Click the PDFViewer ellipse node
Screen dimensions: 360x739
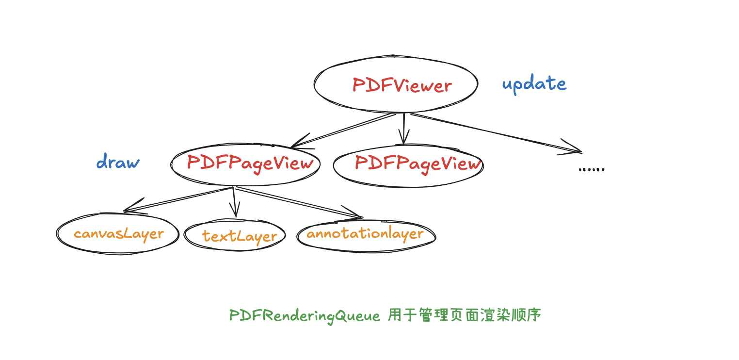point(396,84)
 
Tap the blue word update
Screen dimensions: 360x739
point(534,84)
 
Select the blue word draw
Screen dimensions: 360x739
point(118,162)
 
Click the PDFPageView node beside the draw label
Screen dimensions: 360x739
point(245,164)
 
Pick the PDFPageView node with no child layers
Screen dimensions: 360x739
point(408,165)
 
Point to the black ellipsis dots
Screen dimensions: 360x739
point(592,169)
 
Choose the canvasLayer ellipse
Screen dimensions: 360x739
point(118,233)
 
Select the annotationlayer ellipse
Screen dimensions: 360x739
point(366,234)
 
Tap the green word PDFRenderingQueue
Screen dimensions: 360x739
point(305,316)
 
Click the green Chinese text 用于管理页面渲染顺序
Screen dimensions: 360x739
point(464,315)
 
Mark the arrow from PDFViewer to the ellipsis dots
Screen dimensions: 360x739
point(495,132)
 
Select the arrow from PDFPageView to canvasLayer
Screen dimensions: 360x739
point(179,199)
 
